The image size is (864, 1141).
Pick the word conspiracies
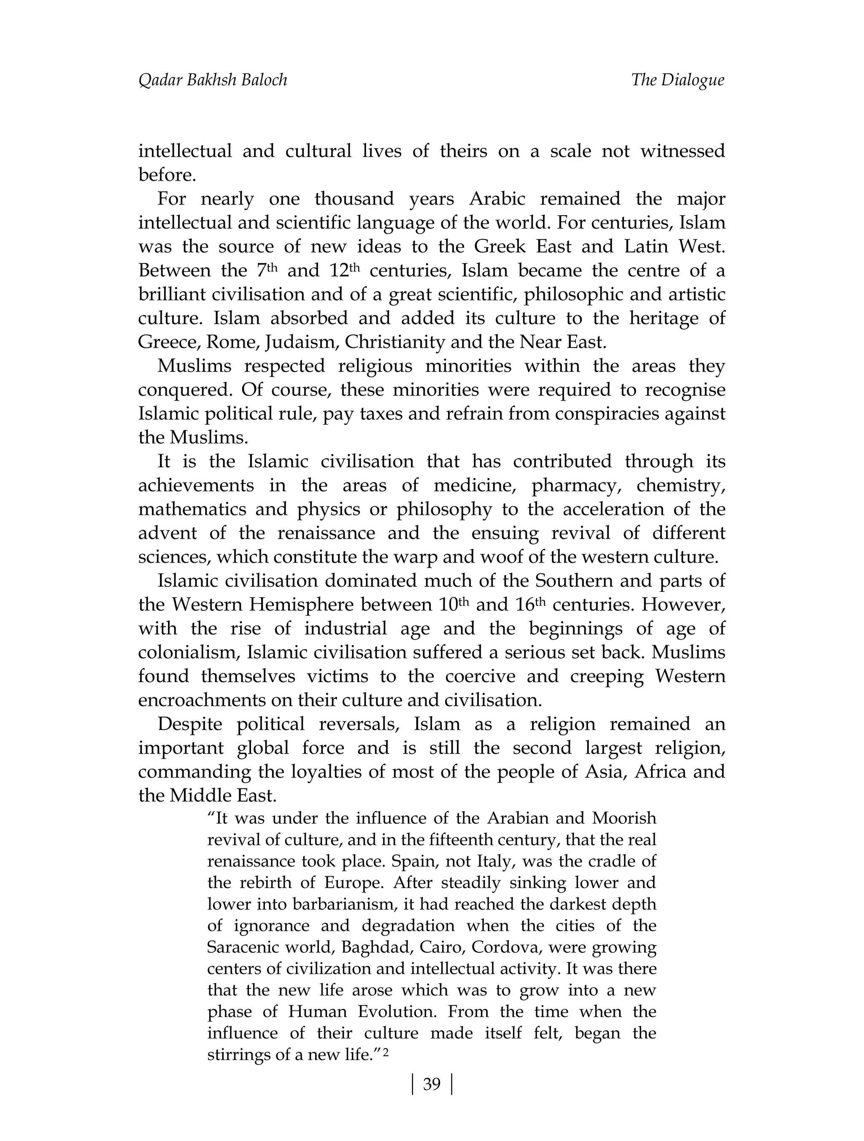(x=594, y=414)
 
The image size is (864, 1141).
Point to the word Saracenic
(x=245, y=947)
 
